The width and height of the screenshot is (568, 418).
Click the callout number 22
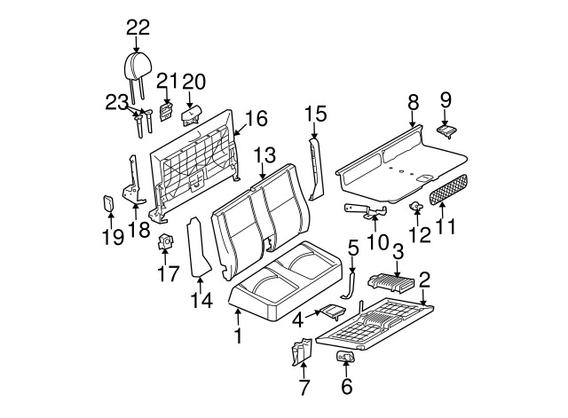[138, 28]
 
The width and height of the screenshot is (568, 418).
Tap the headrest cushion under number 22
[137, 66]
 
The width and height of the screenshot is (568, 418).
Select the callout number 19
[113, 237]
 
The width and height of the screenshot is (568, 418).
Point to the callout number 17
[169, 274]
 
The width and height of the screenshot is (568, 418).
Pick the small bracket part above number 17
[166, 241]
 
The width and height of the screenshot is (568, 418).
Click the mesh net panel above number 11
[448, 189]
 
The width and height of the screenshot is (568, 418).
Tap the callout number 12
[420, 234]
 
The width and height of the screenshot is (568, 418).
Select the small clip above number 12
[415, 207]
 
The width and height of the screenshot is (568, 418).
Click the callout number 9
[446, 100]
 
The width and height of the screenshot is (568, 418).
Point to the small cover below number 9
[447, 131]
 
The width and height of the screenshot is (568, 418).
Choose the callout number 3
[398, 252]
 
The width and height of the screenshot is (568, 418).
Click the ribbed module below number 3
[391, 283]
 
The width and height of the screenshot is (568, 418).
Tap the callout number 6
[347, 386]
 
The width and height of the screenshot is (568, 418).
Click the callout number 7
[304, 388]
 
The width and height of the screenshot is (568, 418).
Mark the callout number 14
[201, 300]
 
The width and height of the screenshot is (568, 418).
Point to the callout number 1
[238, 336]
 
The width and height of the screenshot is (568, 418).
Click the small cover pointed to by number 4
[332, 312]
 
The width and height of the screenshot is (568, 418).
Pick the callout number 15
[316, 114]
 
